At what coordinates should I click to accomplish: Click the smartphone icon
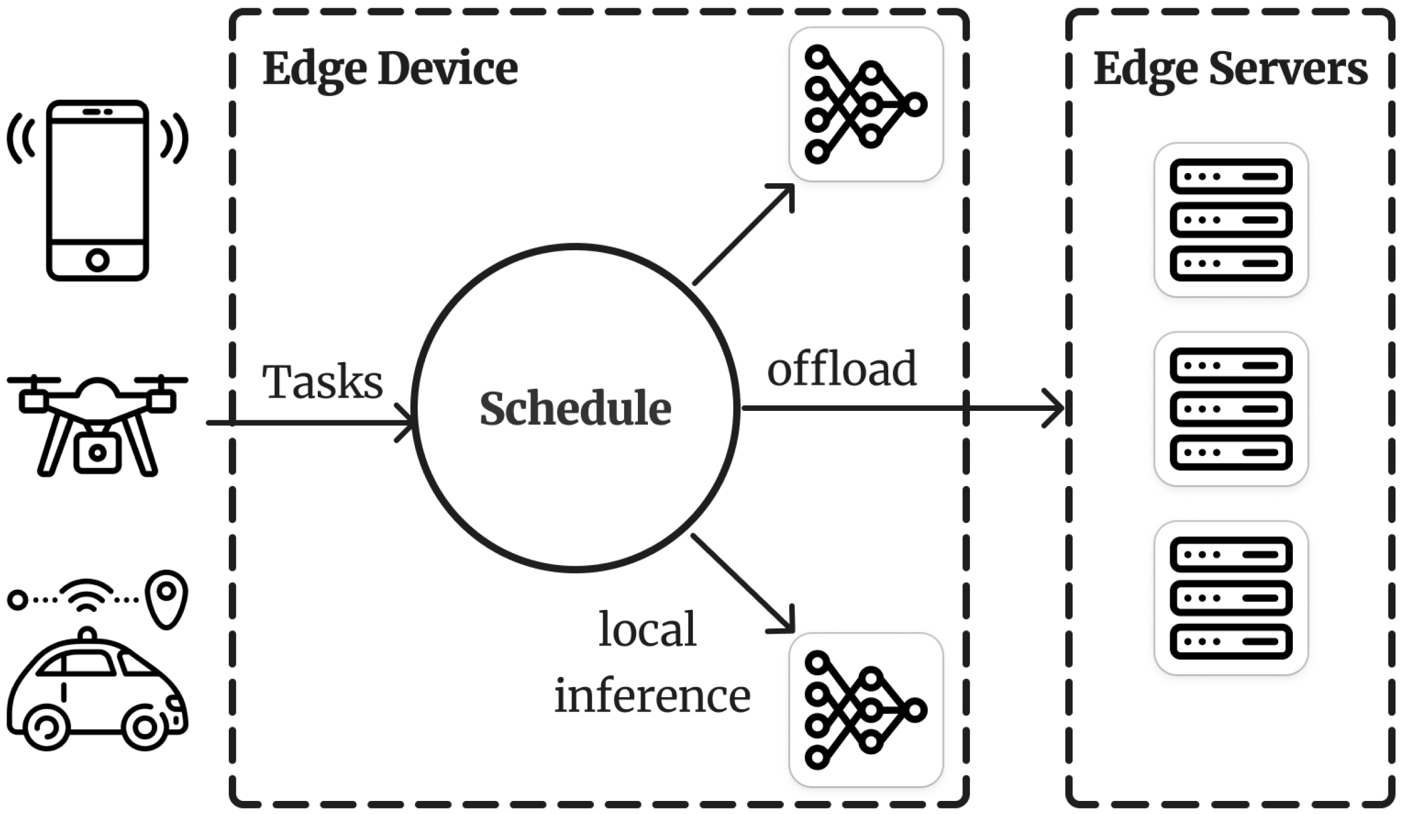point(97,190)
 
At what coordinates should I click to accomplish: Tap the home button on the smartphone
point(97,260)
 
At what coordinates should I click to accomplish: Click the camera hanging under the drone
point(97,452)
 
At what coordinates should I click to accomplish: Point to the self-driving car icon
point(97,694)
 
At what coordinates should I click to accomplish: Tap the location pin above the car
point(167,598)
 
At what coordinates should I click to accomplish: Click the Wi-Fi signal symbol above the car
point(88,596)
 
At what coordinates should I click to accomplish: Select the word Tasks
point(322,382)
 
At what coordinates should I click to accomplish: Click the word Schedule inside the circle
point(575,409)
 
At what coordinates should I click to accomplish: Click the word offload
point(841,369)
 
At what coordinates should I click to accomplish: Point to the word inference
point(652,696)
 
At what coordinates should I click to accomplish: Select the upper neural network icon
point(866,104)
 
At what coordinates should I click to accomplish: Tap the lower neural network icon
point(866,710)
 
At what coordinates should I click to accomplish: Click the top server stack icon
point(1231,220)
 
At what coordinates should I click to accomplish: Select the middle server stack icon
point(1231,409)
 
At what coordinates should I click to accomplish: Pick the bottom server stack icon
point(1231,598)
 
